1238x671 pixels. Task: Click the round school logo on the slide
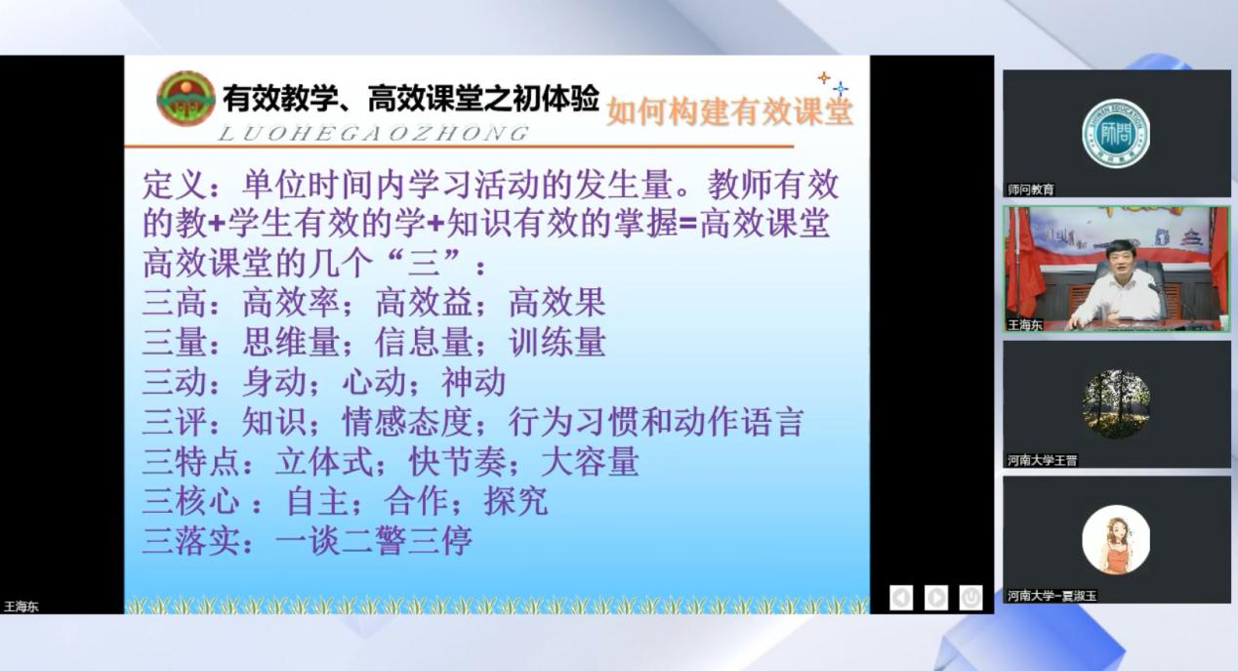coord(186,99)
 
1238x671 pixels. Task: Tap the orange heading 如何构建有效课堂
coord(729,111)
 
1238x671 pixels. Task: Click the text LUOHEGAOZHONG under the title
coord(374,134)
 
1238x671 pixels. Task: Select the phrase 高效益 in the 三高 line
coord(424,303)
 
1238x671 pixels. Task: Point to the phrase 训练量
coord(557,342)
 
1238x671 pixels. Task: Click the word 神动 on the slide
coord(474,382)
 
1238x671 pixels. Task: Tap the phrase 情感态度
coord(407,422)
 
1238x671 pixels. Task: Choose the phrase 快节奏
coord(458,462)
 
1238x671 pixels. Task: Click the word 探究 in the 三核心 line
coord(516,501)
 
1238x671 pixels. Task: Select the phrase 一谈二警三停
coord(374,540)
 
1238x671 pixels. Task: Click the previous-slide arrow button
coord(901,598)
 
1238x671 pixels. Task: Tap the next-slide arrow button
coord(936,598)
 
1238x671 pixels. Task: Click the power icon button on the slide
coord(971,598)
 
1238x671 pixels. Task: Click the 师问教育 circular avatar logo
coord(1116,133)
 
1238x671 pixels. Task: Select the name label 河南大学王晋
coord(1042,460)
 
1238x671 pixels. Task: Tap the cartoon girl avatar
coord(1116,539)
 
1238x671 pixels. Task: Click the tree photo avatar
coord(1116,404)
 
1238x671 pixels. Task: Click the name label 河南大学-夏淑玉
coord(1052,596)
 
